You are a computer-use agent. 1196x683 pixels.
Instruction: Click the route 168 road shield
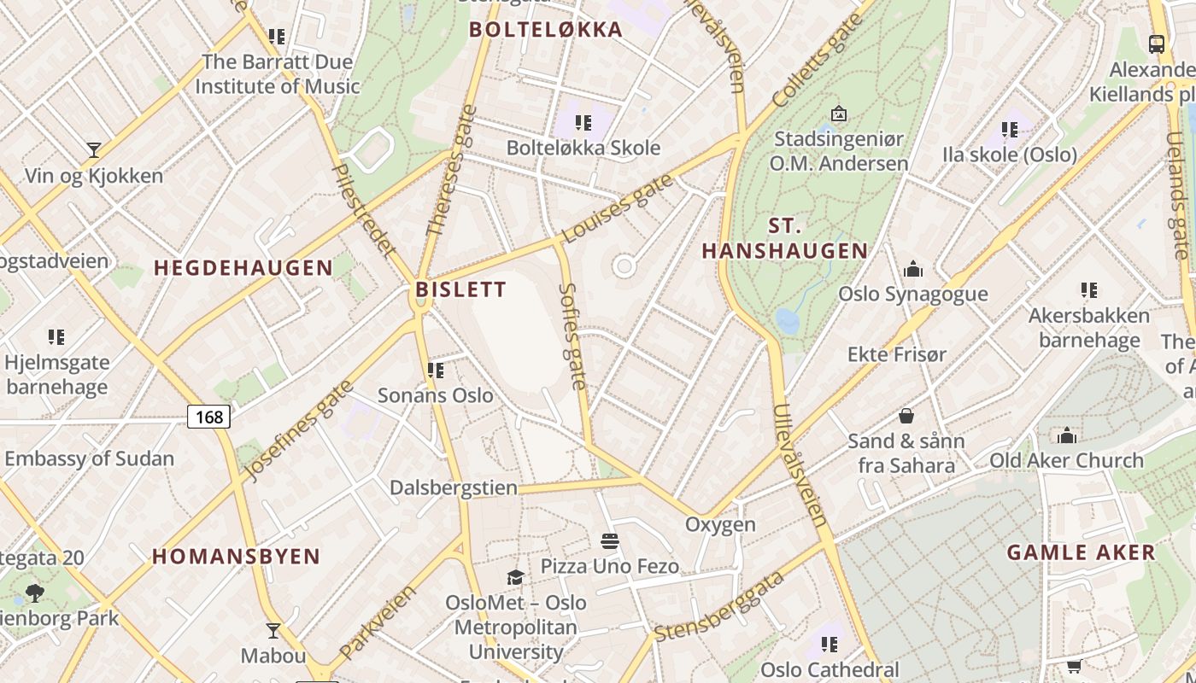(208, 417)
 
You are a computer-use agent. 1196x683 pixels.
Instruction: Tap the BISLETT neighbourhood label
(460, 289)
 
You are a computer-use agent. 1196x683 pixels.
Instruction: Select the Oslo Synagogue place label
(912, 294)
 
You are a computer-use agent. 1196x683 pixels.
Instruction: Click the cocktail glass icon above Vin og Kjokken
(94, 150)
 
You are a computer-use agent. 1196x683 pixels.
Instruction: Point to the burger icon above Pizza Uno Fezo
(610, 540)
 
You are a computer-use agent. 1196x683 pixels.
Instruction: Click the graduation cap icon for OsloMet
(515, 577)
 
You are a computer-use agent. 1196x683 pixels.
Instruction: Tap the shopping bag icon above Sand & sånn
(906, 416)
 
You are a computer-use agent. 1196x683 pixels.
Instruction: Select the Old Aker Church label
(1066, 460)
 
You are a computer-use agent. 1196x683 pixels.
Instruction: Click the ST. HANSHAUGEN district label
(784, 239)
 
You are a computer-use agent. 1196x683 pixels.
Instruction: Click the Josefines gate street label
(298, 430)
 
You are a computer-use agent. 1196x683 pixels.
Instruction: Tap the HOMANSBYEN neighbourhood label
(236, 557)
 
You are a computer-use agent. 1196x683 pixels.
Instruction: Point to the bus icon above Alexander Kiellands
(1157, 44)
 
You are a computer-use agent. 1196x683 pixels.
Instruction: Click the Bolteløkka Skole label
(583, 148)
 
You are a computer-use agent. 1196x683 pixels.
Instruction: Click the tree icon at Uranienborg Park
(35, 593)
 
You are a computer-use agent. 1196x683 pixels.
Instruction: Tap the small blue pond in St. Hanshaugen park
(787, 321)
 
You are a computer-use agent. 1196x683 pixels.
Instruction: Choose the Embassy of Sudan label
(89, 458)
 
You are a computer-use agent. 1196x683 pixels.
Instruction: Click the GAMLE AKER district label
(1081, 552)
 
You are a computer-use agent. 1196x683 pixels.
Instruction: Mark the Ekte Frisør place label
(896, 353)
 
